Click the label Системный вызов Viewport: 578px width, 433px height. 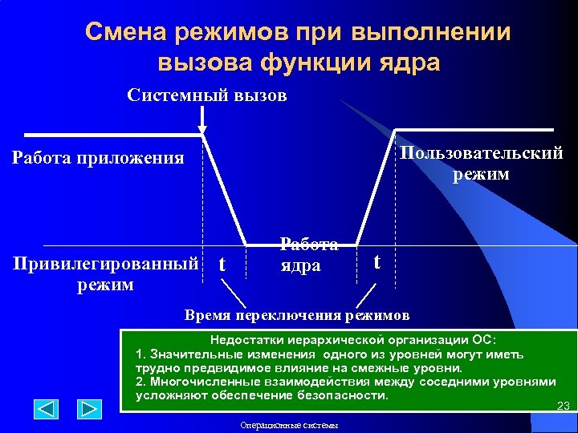point(206,95)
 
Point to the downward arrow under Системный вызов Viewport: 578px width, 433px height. point(202,118)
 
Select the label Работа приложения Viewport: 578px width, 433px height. point(98,157)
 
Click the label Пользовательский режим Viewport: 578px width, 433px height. point(481,164)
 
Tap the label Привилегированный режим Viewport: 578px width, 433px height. point(105,273)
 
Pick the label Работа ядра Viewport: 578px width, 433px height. point(308,255)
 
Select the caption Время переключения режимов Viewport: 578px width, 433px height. point(296,314)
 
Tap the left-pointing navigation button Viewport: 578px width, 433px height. point(46,409)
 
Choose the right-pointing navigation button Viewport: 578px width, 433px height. point(89,409)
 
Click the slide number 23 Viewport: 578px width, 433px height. point(563,407)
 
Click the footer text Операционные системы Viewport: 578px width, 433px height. point(289,424)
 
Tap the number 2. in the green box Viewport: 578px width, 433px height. point(141,382)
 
